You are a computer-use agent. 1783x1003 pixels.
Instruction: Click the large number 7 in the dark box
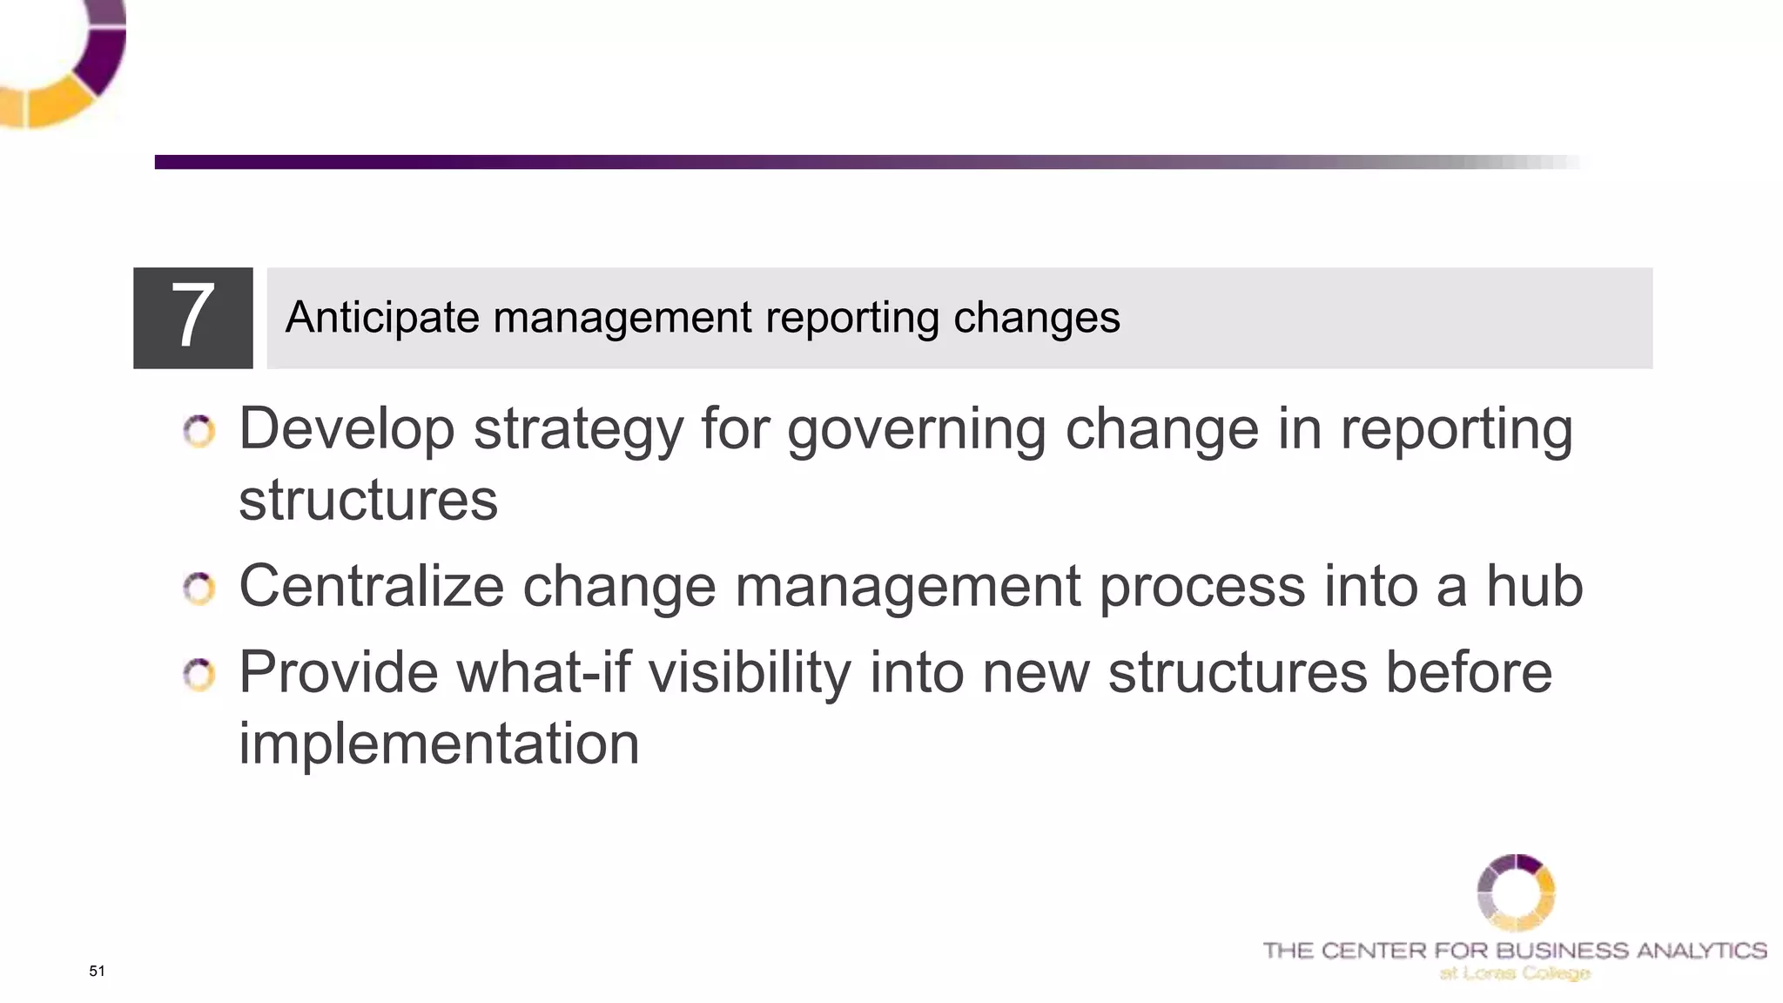(192, 317)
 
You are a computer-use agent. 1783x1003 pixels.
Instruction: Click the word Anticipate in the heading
(381, 317)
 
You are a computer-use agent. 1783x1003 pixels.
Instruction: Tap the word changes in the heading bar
(1036, 317)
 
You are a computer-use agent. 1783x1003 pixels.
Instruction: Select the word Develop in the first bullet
(347, 430)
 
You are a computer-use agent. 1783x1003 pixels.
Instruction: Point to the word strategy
(578, 430)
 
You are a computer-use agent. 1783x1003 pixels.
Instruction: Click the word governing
(916, 430)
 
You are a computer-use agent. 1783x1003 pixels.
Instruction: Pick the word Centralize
(371, 586)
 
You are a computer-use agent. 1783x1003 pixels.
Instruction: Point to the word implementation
(439, 744)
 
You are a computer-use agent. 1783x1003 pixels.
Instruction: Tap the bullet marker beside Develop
(199, 432)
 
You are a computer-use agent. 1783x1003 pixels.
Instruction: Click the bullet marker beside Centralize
(199, 589)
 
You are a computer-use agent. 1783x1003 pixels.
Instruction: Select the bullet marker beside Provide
(199, 675)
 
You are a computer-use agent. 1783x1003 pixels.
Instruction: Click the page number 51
(97, 971)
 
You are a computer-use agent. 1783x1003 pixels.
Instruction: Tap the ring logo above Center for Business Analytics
(1516, 892)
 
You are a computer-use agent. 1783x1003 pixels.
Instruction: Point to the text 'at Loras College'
(1515, 973)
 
